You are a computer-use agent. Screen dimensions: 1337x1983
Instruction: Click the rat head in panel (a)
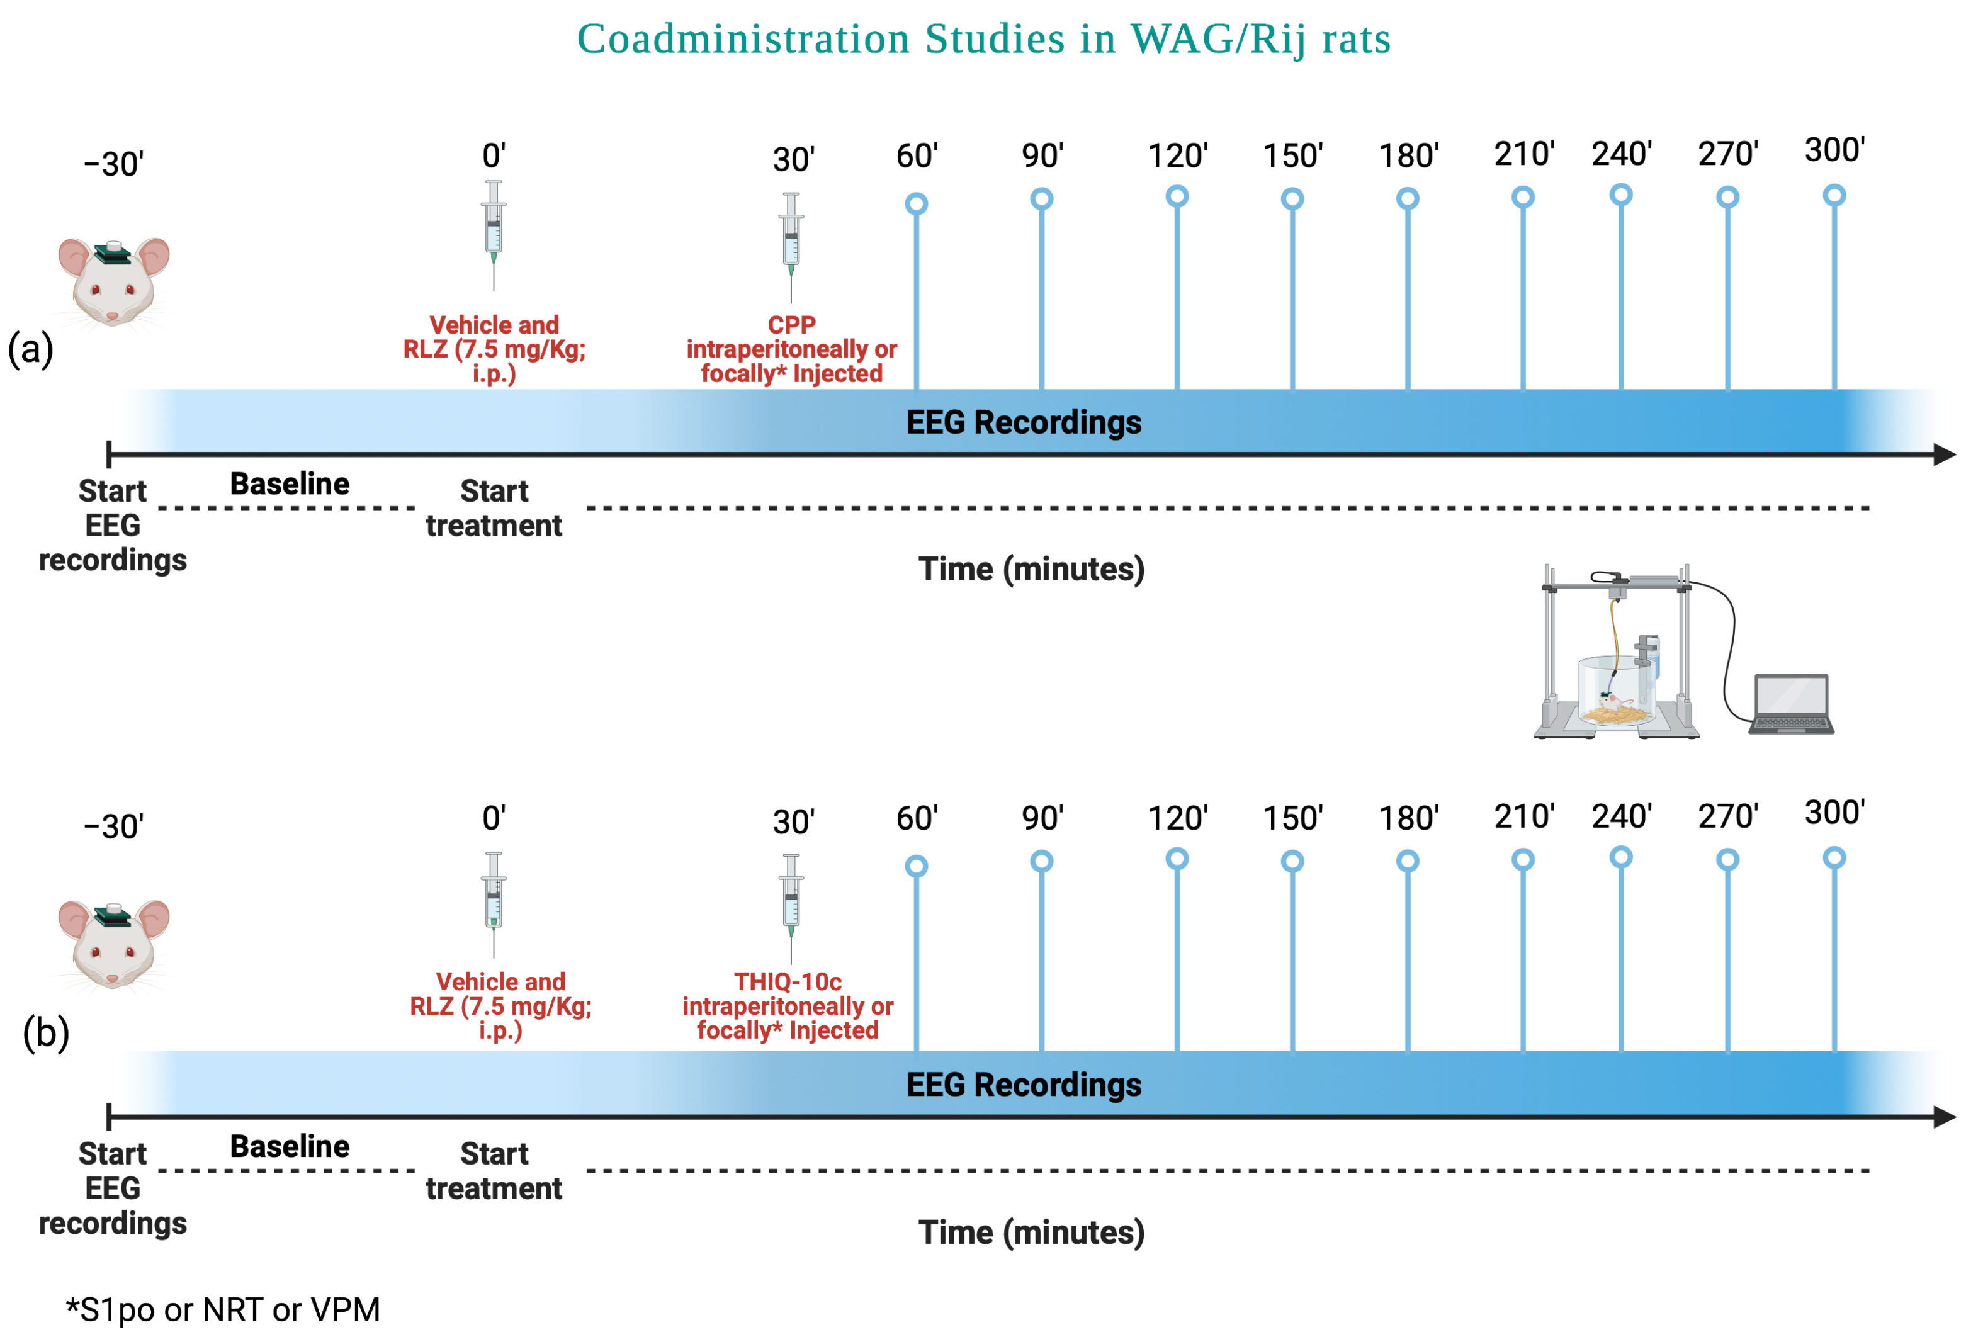(x=113, y=281)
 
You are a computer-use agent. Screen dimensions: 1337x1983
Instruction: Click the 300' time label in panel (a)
(x=1834, y=150)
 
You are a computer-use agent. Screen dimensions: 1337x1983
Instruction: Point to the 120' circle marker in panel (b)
(x=1177, y=859)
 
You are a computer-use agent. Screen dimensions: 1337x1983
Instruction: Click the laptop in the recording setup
(x=1790, y=704)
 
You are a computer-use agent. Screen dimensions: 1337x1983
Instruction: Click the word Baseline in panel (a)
(x=289, y=483)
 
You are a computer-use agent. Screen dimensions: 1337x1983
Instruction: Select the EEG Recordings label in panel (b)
(x=1023, y=1085)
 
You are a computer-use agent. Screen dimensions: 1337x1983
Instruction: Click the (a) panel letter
(x=31, y=349)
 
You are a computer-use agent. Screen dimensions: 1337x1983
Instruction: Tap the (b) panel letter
(x=46, y=1032)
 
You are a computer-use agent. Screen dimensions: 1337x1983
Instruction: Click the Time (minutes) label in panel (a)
(x=1031, y=569)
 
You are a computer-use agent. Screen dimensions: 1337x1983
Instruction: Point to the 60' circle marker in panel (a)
(x=917, y=204)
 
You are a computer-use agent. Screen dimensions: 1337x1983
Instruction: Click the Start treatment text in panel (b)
(x=494, y=1171)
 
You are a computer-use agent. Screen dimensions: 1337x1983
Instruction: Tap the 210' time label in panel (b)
(x=1523, y=816)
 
